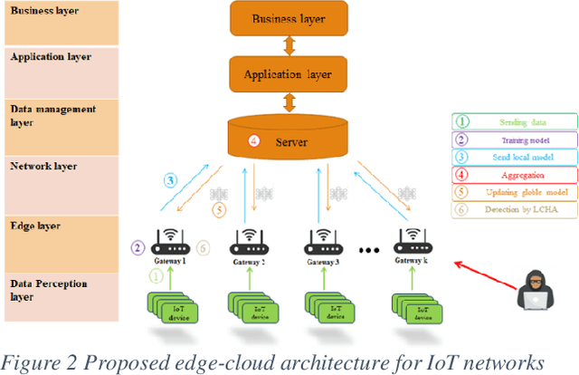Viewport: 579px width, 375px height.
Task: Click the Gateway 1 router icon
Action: point(170,242)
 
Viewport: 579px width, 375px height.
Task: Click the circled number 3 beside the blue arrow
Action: point(170,179)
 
